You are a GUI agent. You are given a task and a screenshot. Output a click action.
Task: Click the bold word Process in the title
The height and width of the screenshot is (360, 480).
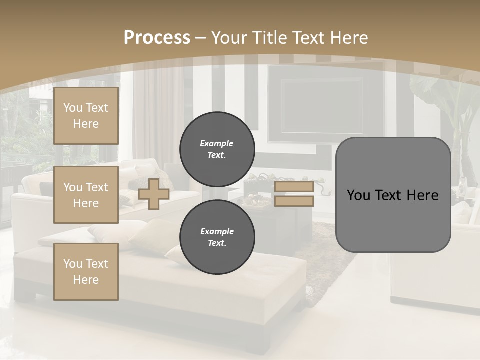click(157, 38)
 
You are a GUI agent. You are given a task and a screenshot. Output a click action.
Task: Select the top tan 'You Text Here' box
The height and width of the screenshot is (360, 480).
click(86, 116)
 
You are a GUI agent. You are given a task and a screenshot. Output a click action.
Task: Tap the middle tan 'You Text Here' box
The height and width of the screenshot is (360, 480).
click(86, 195)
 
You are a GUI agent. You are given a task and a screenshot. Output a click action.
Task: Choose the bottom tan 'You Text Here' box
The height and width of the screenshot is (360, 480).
click(86, 271)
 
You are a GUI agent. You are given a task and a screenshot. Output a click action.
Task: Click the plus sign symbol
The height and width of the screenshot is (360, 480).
click(154, 194)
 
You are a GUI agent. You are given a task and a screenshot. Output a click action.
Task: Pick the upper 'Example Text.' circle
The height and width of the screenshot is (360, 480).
click(217, 149)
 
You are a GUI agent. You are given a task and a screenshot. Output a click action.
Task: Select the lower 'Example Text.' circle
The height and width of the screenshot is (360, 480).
click(217, 237)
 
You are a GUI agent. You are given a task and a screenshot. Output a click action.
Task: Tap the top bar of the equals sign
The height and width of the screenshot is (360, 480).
click(294, 187)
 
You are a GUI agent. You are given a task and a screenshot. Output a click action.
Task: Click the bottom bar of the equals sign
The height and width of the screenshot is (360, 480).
click(294, 201)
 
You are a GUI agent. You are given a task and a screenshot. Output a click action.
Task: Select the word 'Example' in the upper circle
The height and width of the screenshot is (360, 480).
click(216, 143)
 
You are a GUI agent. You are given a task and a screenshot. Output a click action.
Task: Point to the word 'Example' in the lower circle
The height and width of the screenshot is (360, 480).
click(217, 231)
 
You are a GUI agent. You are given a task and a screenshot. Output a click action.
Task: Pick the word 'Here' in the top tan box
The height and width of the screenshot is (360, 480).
click(86, 124)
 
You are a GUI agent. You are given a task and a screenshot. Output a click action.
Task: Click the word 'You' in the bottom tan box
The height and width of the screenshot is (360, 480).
click(72, 263)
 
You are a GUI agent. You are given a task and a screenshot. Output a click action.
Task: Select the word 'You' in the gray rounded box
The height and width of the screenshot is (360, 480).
click(358, 195)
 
